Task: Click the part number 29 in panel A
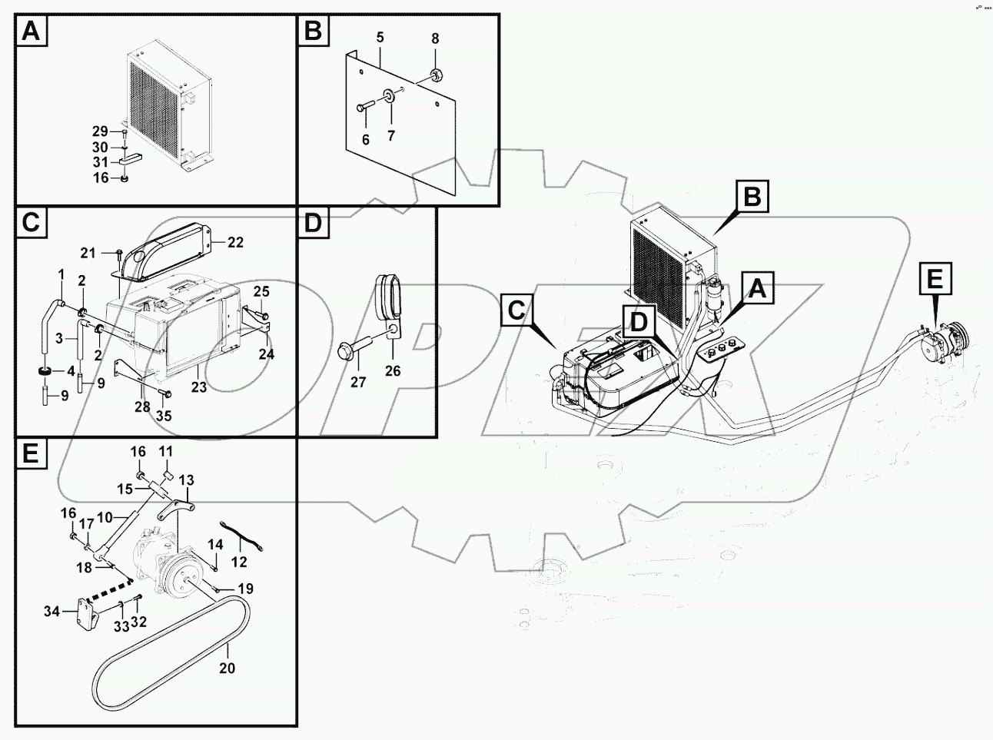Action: coord(100,131)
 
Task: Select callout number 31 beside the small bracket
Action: coord(100,162)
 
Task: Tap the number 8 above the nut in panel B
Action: coord(434,38)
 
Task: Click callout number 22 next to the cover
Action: coord(235,242)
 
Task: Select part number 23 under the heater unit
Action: coord(199,387)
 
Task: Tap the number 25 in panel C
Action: coord(262,291)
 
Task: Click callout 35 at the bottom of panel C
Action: coord(164,416)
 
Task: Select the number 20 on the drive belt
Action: coord(227,669)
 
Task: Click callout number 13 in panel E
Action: coord(187,480)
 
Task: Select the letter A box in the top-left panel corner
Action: coord(30,32)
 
